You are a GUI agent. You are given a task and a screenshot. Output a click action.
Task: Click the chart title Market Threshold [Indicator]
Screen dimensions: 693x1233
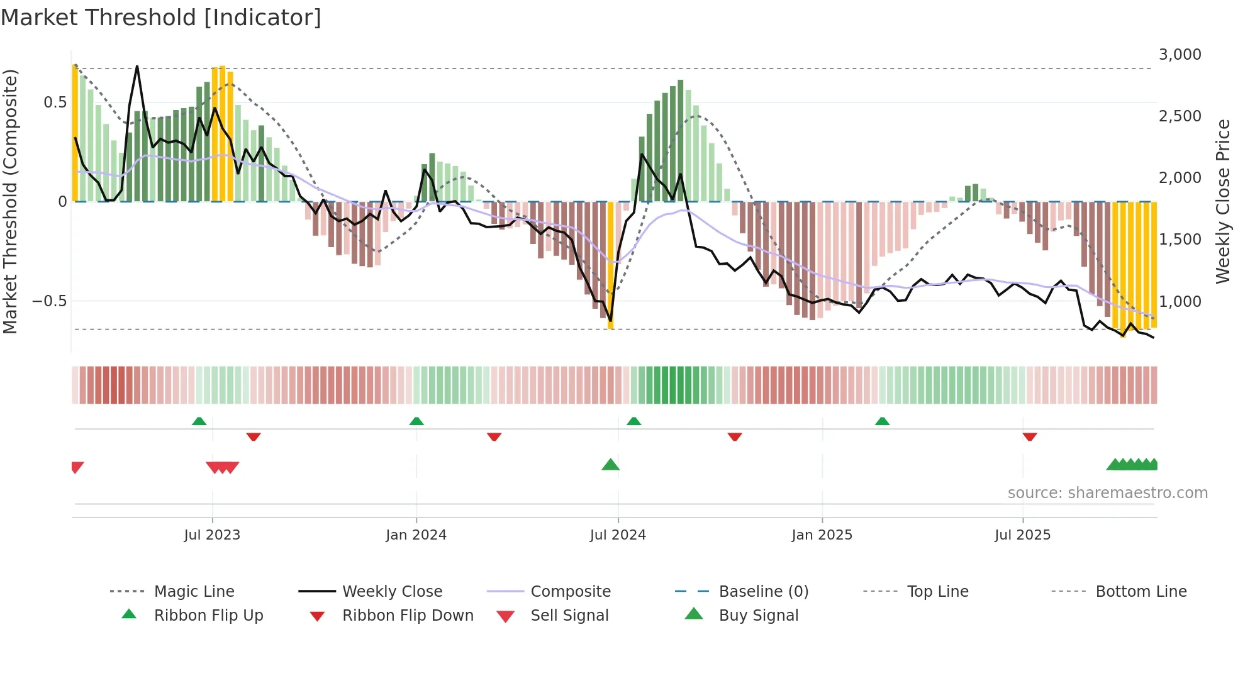tap(161, 18)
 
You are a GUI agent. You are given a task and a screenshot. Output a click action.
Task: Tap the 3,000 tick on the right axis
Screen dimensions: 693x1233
tap(1180, 55)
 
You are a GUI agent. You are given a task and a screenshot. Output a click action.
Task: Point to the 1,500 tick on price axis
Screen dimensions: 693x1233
tap(1180, 240)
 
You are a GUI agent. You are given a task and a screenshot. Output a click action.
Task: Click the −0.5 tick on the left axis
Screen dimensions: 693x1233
tap(50, 301)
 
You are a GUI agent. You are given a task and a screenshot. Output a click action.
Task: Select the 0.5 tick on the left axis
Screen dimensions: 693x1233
tap(55, 103)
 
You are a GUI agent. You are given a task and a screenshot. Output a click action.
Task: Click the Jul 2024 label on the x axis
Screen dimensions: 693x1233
tap(617, 535)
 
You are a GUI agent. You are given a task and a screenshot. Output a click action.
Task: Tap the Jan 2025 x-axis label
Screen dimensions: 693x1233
tap(821, 535)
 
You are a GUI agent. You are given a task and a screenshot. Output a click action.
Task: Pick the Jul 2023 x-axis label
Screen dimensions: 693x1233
tap(212, 535)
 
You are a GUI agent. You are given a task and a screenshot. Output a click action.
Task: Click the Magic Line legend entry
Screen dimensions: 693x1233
tap(194, 592)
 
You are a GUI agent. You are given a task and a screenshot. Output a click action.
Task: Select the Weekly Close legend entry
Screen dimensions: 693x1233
tap(392, 592)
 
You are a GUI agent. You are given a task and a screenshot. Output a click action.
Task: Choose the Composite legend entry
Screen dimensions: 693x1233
tap(570, 592)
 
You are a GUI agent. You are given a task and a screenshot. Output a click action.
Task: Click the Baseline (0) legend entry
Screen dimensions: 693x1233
tap(763, 592)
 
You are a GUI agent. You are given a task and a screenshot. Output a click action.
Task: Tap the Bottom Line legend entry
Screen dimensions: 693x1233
tap(1141, 592)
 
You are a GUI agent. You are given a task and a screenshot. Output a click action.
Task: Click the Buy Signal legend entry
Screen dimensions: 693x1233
tap(758, 616)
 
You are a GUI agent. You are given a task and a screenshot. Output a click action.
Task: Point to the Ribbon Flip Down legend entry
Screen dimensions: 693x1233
tap(407, 616)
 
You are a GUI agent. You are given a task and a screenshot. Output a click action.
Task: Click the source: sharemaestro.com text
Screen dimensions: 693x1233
tap(1107, 493)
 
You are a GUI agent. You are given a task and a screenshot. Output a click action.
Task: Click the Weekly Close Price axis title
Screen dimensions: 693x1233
tap(1222, 201)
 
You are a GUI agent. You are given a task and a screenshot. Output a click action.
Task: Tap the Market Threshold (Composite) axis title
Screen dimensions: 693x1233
tap(10, 201)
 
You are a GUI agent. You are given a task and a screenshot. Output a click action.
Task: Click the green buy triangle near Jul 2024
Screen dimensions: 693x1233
tap(610, 465)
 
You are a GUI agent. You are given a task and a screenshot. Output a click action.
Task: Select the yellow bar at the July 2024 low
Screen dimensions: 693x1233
tap(610, 264)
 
